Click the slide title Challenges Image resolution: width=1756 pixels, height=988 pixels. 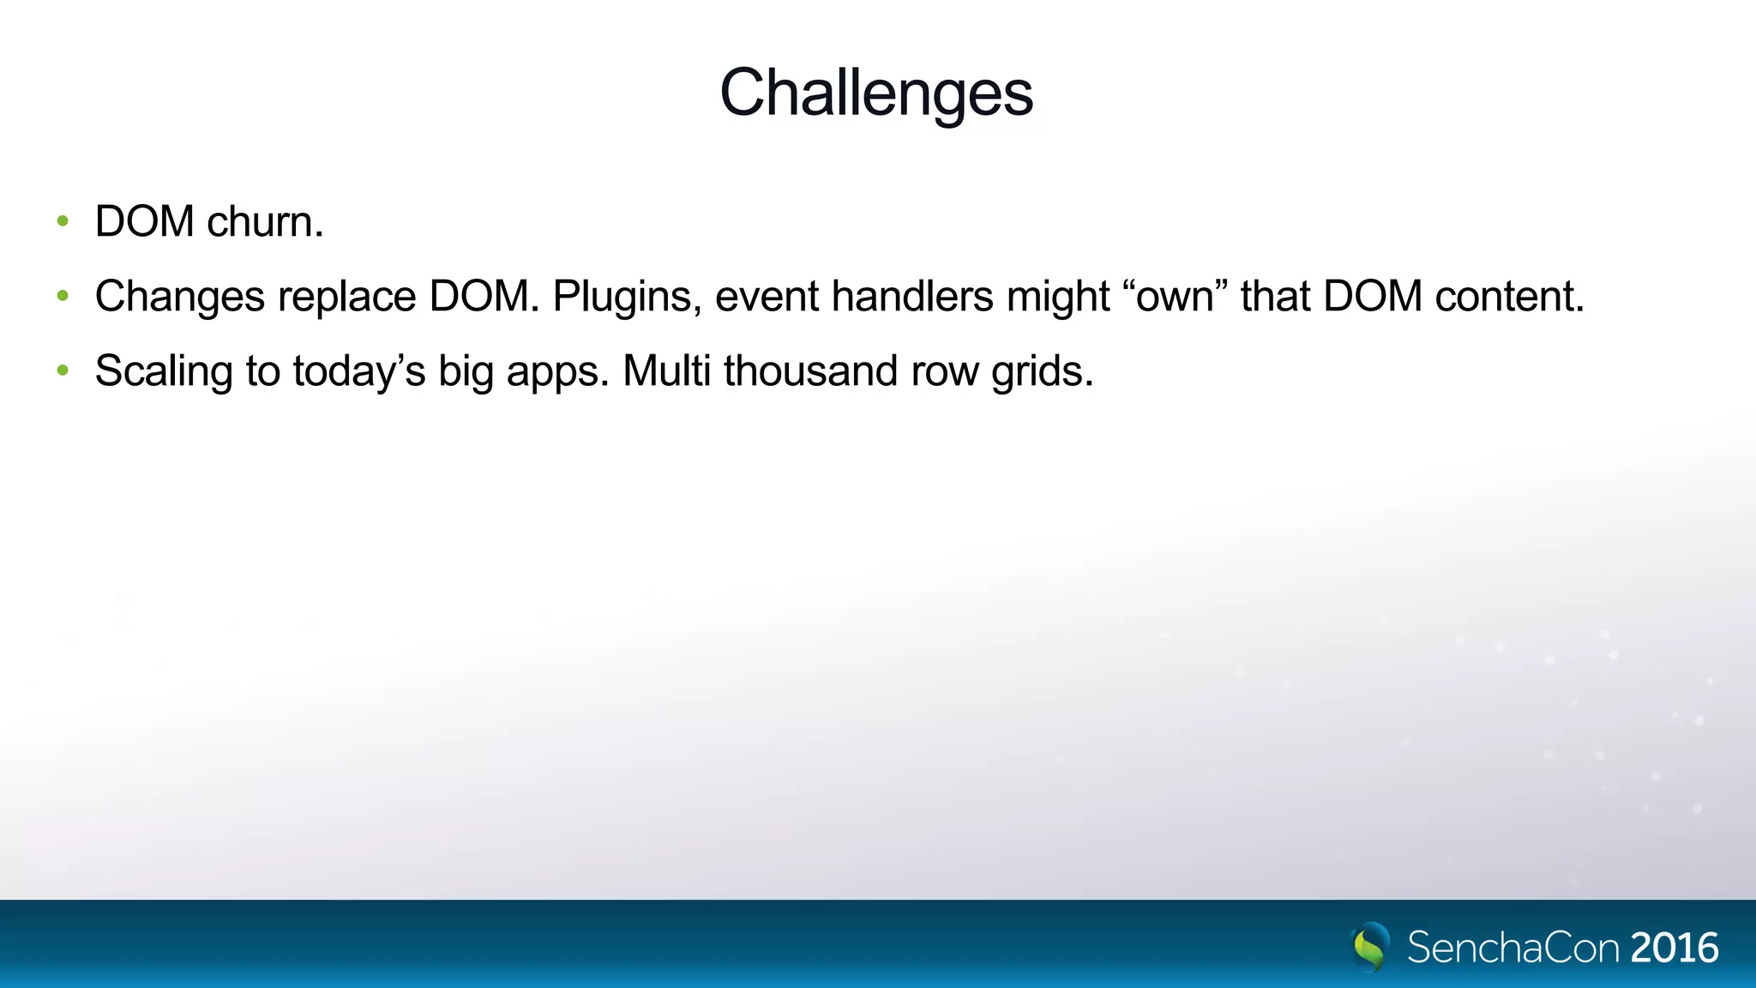[x=876, y=93]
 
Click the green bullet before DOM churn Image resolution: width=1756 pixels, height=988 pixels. [x=62, y=221]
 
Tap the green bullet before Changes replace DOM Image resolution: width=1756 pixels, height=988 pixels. [x=62, y=297]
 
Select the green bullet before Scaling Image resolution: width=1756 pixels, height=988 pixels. [x=62, y=371]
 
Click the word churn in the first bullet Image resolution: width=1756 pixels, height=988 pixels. [x=265, y=221]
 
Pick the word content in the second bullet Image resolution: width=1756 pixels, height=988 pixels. [x=1509, y=297]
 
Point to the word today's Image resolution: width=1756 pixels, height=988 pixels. [x=358, y=372]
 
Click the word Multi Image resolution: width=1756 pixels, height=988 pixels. [x=666, y=371]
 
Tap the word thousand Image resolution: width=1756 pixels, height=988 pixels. [x=810, y=371]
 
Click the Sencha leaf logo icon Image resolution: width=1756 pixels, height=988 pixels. [x=1369, y=947]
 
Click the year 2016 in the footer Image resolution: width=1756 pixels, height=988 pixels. [x=1675, y=948]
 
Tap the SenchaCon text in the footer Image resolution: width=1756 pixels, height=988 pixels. [x=1513, y=948]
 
